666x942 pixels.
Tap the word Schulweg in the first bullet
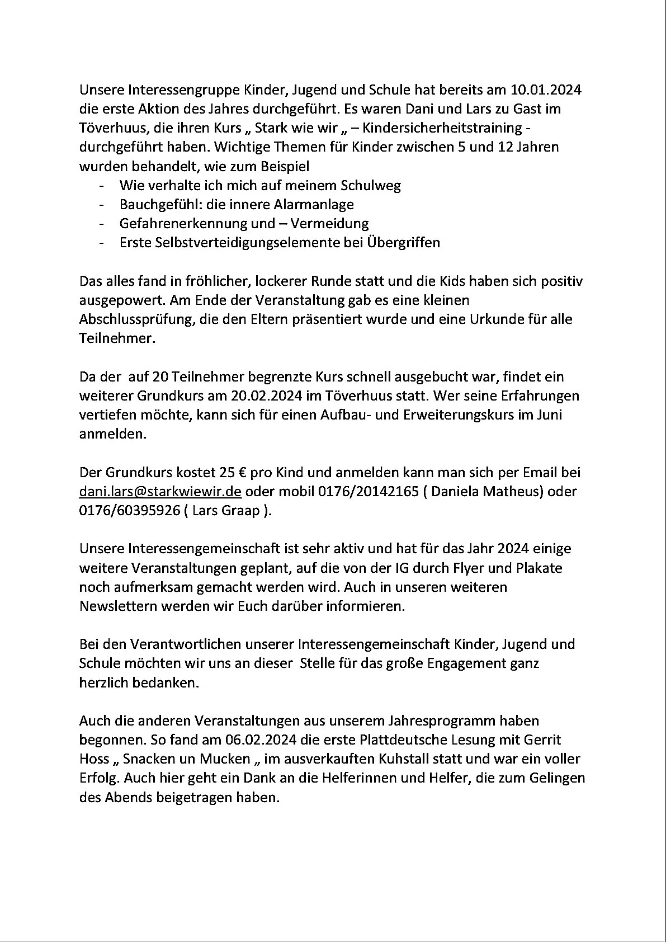pyautogui.click(x=372, y=186)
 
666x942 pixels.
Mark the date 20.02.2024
pyautogui.click(x=267, y=397)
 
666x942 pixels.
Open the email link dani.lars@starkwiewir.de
pyautogui.click(x=160, y=492)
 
